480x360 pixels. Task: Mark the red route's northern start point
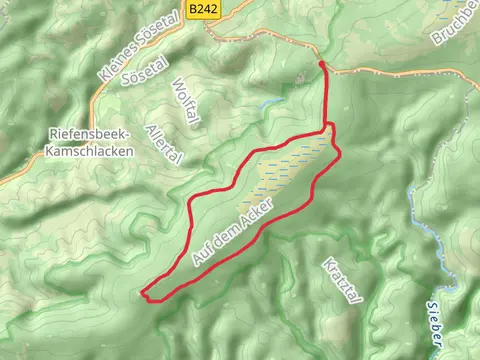[x=322, y=64]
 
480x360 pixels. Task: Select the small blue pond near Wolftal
[x=269, y=103]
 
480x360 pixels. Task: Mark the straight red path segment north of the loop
[x=327, y=95]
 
